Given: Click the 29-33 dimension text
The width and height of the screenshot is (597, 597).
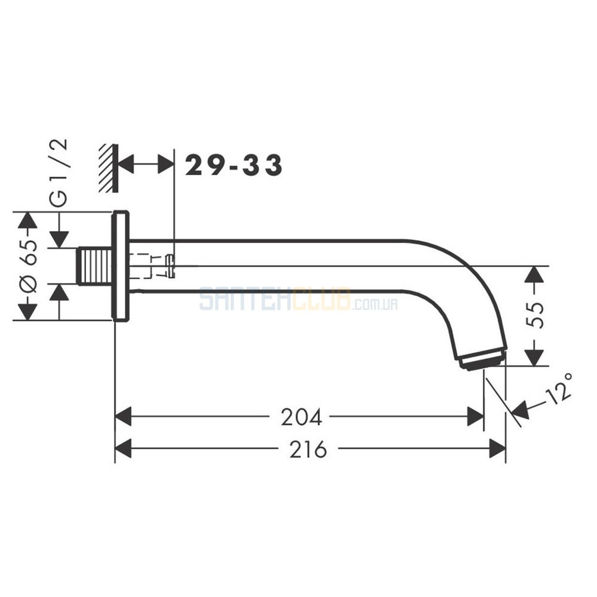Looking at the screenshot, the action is [x=233, y=165].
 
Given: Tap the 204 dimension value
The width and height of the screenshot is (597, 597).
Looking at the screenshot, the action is [x=301, y=417].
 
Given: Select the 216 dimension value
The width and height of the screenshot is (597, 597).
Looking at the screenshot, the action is [x=308, y=449].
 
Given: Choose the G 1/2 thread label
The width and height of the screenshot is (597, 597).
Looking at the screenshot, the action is [x=59, y=173].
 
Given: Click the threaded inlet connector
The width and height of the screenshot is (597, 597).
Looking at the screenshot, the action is [x=95, y=266].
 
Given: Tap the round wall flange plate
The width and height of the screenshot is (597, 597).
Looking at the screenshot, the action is [x=120, y=266].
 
